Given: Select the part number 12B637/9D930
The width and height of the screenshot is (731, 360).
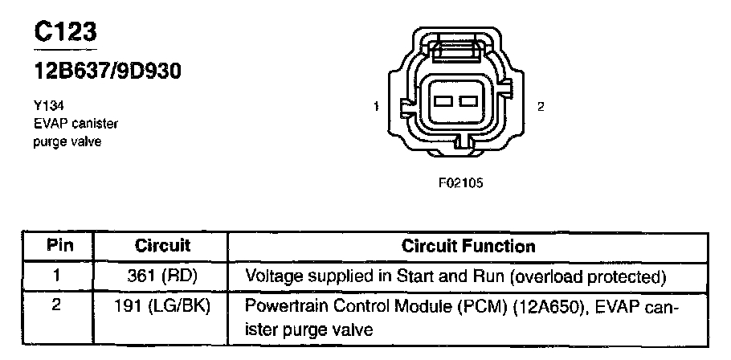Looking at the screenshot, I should point(107,72).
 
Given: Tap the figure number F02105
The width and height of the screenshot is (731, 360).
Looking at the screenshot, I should point(460,182).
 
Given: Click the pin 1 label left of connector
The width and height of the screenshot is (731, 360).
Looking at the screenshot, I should point(376,106).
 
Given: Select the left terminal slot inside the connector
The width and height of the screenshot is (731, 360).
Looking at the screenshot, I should point(443,102).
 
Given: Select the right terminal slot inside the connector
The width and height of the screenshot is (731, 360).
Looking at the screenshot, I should point(467,102).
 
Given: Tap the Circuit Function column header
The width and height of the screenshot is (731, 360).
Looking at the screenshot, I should point(468,245).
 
